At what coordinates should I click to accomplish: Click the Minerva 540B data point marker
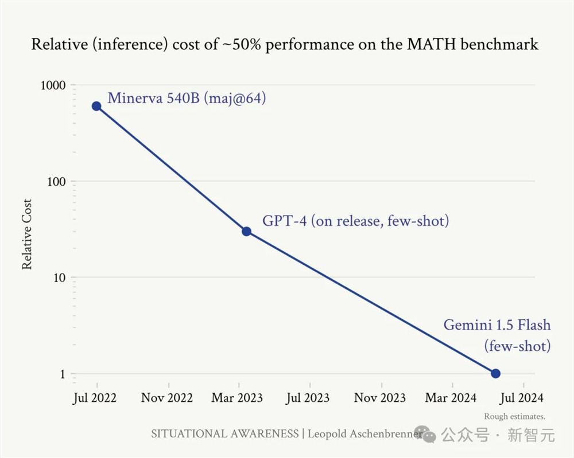pyautogui.click(x=96, y=106)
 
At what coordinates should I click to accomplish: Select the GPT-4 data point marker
pyautogui.click(x=246, y=232)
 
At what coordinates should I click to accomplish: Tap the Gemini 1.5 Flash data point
pyautogui.click(x=495, y=374)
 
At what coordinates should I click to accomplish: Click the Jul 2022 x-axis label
pyautogui.click(x=95, y=398)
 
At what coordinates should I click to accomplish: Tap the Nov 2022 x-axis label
pyautogui.click(x=167, y=398)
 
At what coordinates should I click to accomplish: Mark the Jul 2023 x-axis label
pyautogui.click(x=308, y=398)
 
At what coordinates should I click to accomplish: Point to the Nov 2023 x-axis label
pyautogui.click(x=380, y=398)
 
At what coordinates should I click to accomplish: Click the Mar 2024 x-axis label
pyautogui.click(x=451, y=398)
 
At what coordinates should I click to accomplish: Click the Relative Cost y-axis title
pyautogui.click(x=27, y=234)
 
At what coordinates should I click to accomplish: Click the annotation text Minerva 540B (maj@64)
pyautogui.click(x=187, y=98)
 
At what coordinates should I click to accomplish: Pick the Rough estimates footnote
pyautogui.click(x=514, y=417)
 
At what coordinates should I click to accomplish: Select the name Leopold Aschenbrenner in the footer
pyautogui.click(x=365, y=433)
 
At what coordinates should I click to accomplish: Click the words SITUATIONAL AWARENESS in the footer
pyautogui.click(x=224, y=433)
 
